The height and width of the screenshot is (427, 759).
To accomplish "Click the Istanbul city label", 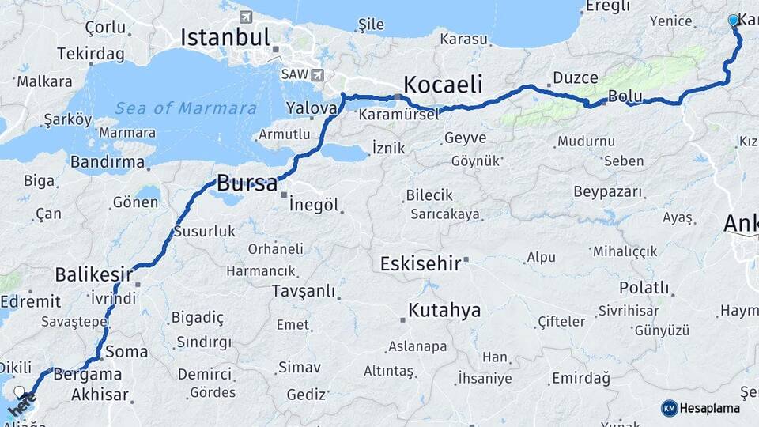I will tap(225, 36).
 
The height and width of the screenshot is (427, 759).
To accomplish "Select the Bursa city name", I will tap(247, 183).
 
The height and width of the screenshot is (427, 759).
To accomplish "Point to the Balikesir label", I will tap(93, 274).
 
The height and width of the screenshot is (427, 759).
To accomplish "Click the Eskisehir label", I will tap(420, 263).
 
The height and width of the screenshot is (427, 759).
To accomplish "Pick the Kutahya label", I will tap(444, 310).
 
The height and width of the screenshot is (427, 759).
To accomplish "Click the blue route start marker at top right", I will tap(733, 21).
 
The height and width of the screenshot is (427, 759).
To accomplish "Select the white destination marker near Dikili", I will tap(20, 391).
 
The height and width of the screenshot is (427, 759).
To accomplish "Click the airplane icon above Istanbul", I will tap(246, 17).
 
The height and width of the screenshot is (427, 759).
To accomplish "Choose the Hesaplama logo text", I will tap(710, 408).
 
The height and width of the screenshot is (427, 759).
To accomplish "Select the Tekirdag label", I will tap(91, 54).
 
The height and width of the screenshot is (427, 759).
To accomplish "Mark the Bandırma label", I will tap(108, 162).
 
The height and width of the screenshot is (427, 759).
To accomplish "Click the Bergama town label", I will tap(88, 374).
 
